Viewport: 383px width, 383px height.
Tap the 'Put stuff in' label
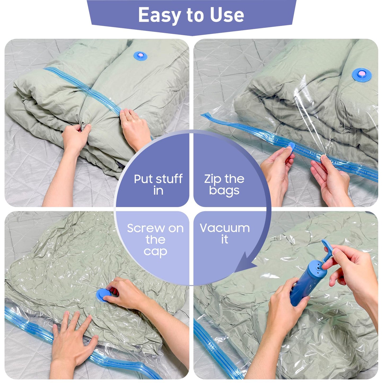point(158,184)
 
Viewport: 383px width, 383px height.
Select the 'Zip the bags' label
point(224,184)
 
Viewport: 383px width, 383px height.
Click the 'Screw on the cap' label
point(155,240)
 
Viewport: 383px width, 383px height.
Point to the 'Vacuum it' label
point(225,234)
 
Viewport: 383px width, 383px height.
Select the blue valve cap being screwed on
point(102,295)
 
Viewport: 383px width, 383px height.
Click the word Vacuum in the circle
point(225,228)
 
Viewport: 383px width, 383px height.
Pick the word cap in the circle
point(155,251)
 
